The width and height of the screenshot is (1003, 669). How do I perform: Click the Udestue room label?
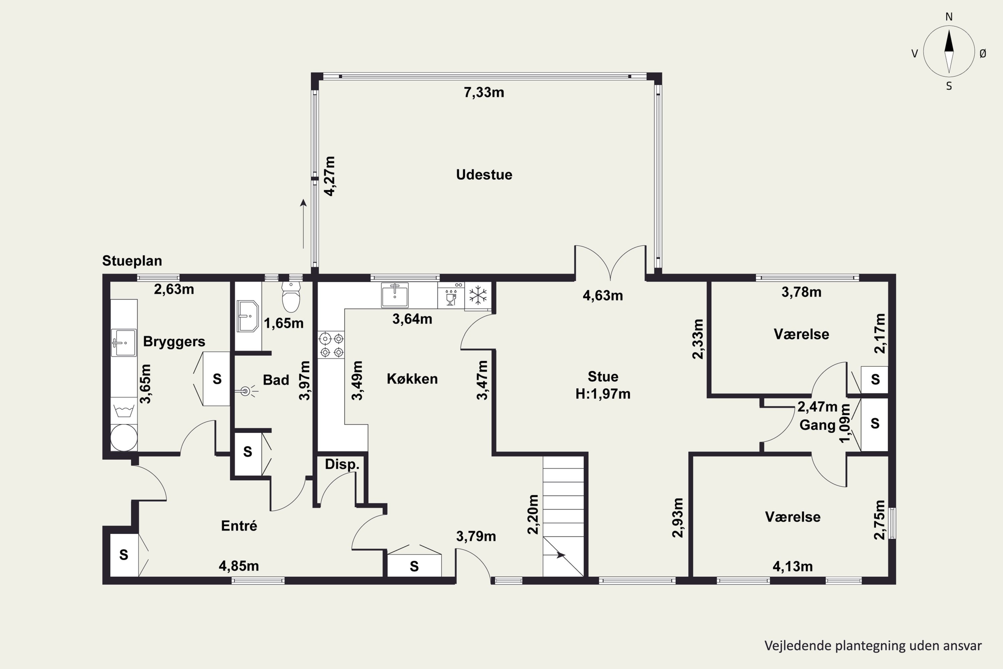[484, 175]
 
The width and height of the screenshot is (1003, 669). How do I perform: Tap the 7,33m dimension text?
[484, 92]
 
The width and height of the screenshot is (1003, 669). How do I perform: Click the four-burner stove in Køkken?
[331, 345]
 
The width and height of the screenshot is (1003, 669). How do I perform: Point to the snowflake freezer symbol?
[478, 295]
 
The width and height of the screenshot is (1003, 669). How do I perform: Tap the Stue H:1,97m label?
[602, 385]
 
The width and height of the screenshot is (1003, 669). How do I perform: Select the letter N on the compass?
[949, 17]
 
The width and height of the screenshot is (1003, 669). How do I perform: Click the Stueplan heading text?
[132, 261]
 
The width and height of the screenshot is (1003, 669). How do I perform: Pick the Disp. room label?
[342, 464]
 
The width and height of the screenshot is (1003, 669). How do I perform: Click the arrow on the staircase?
[560, 555]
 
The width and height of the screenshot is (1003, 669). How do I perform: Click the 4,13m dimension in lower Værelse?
[793, 566]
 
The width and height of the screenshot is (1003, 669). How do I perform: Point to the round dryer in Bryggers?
[124, 437]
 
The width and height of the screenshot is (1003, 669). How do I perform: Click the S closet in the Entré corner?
[124, 555]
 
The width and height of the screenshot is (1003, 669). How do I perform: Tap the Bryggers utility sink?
[124, 343]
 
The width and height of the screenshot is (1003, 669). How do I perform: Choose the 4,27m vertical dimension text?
[330, 176]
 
